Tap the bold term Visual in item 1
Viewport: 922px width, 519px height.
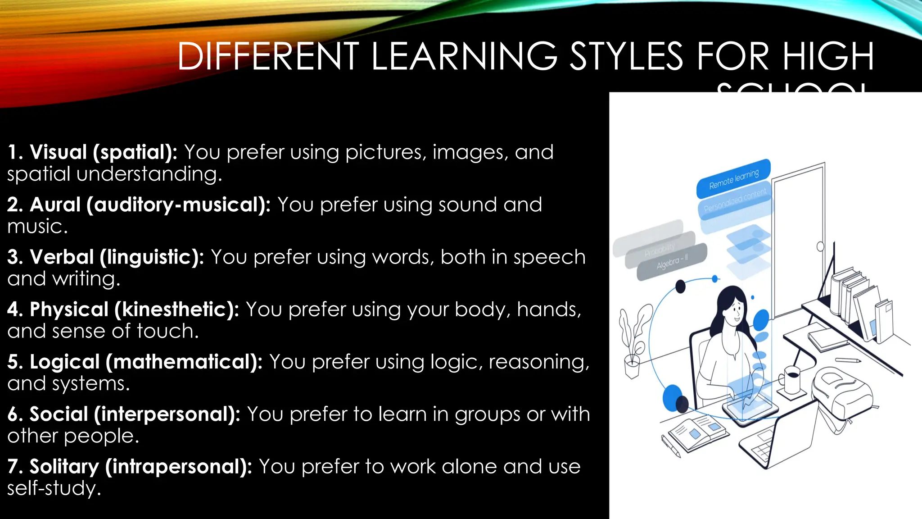click(x=58, y=152)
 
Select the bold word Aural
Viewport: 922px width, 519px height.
click(x=55, y=205)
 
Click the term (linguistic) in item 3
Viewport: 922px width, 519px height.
click(x=152, y=257)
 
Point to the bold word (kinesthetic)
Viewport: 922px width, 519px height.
click(x=176, y=310)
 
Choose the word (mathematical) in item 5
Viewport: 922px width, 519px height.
click(x=184, y=362)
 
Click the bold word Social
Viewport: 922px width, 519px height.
click(x=59, y=414)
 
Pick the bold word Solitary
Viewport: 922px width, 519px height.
click(x=64, y=467)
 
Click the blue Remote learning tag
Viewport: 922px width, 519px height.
click(x=733, y=179)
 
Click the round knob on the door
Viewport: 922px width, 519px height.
click(x=820, y=246)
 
